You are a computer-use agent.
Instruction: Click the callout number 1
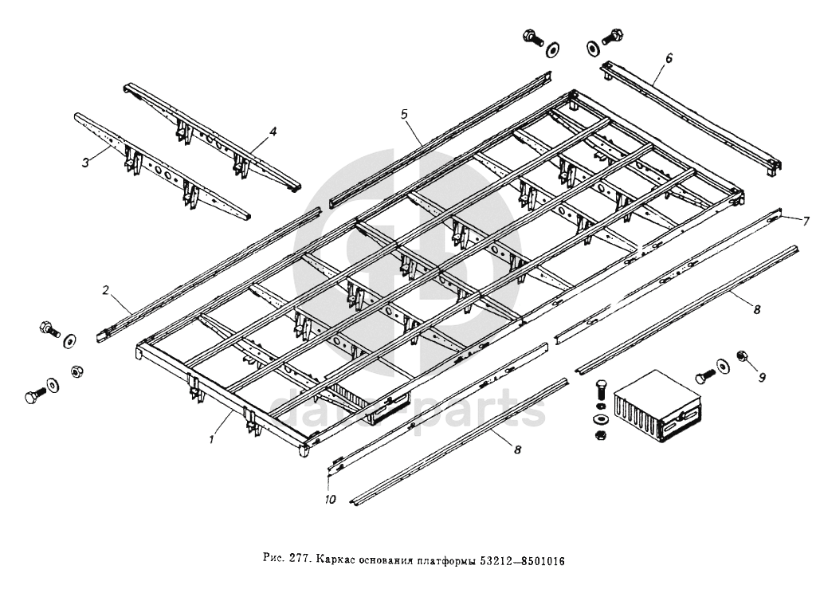tap(212, 440)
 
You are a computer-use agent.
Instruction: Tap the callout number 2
tap(106, 290)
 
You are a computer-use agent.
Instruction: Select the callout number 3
tap(86, 163)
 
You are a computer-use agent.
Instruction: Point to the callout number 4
tap(273, 132)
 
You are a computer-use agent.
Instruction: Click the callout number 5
tap(404, 115)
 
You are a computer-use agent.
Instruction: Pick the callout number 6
tap(669, 58)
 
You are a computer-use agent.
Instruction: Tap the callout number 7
tap(806, 222)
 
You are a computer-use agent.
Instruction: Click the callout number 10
tap(331, 500)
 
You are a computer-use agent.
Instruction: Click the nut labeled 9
tap(742, 356)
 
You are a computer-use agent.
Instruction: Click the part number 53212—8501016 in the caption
tap(522, 561)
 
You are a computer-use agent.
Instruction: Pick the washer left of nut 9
tap(722, 366)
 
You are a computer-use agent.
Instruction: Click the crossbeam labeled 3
tap(162, 165)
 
